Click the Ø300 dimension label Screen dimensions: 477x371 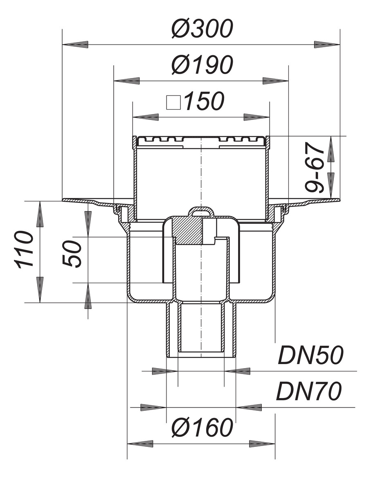[x=202, y=29]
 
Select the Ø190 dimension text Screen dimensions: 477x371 [x=202, y=65]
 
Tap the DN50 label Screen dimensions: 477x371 [x=310, y=355]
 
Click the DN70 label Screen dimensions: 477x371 [x=308, y=391]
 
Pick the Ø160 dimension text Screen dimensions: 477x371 [x=202, y=428]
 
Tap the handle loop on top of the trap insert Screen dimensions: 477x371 [x=200, y=212]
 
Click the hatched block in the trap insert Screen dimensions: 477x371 [x=187, y=231]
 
